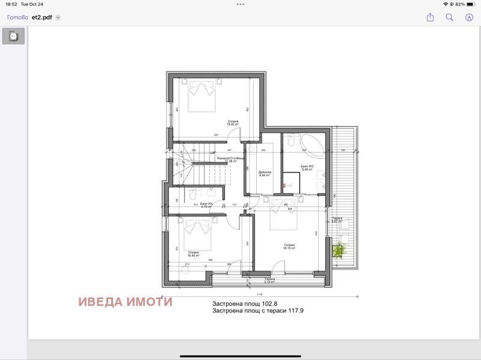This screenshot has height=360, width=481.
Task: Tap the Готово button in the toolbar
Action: click(17, 17)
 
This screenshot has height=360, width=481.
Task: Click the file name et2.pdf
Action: click(42, 17)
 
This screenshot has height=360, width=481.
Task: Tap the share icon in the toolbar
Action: click(430, 17)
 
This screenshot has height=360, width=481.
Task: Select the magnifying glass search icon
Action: click(449, 17)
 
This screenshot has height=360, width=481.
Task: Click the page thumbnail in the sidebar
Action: click(13, 36)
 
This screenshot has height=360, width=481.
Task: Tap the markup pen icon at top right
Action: click(469, 17)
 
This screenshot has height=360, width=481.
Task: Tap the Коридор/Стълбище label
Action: click(230, 160)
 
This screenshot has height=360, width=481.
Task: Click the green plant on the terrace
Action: click(341, 248)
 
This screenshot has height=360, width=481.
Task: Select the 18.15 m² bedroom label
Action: click(290, 246)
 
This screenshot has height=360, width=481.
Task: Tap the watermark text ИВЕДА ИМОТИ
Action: click(125, 302)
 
